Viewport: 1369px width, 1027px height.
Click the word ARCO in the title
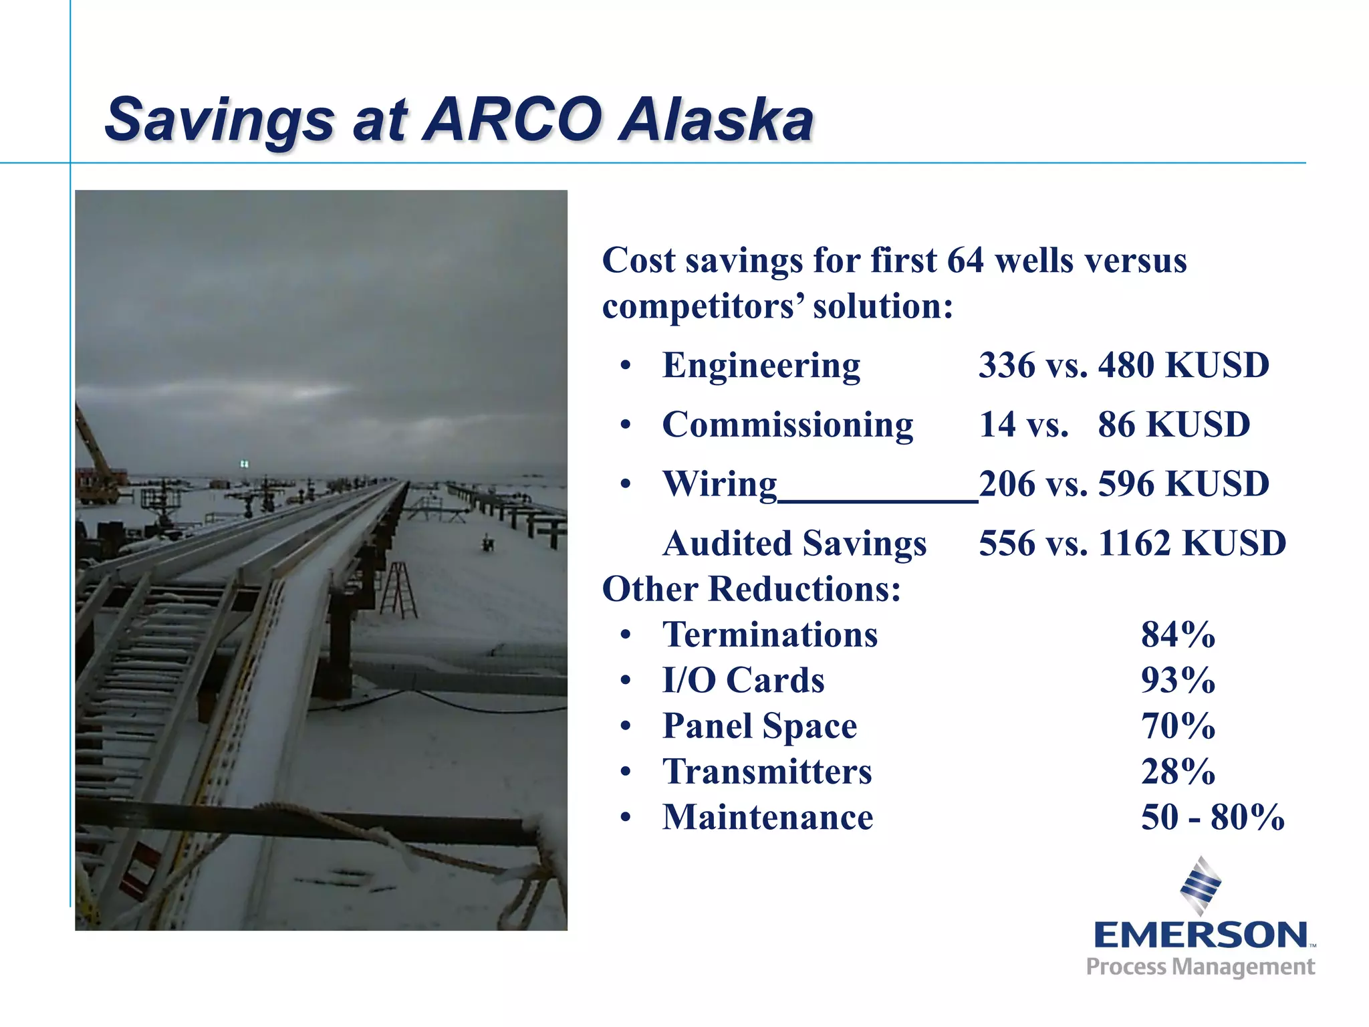[511, 120]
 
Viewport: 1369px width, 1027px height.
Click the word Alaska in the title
[715, 120]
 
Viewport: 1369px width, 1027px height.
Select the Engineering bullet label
[761, 366]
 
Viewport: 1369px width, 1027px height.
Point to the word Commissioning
[787, 425]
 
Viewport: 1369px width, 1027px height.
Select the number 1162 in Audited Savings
[1134, 543]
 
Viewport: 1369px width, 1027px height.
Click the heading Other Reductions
[751, 589]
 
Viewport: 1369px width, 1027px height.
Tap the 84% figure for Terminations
[1178, 635]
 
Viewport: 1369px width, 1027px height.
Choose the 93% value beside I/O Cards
[1178, 680]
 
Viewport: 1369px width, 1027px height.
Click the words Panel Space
[759, 726]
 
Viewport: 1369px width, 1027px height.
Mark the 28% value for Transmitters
[1178, 772]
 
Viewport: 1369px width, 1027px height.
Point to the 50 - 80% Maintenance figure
[1213, 817]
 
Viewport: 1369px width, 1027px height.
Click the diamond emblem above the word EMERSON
[1201, 885]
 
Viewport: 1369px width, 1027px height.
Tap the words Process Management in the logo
[1201, 967]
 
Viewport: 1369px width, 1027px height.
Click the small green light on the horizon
[245, 463]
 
